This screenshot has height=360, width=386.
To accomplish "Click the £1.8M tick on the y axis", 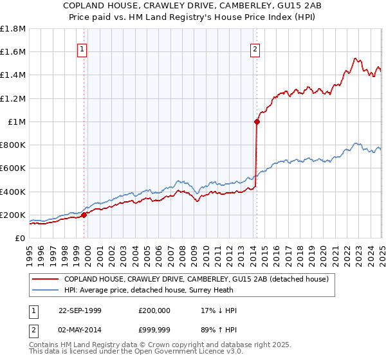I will (x=14, y=29).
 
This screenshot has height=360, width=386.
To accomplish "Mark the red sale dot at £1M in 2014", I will (x=257, y=121).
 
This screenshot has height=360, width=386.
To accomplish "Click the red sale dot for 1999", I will (x=84, y=215).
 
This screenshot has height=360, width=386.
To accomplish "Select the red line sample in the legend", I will (x=44, y=279).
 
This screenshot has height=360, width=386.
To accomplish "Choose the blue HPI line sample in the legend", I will (x=44, y=290).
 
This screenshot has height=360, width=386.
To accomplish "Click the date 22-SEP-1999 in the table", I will (x=80, y=310).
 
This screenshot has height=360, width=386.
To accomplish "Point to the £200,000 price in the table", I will (x=154, y=310).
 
